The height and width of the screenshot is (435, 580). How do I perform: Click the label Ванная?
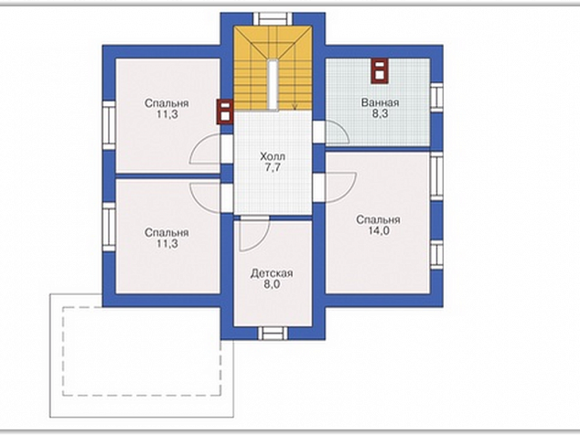[x=380, y=102]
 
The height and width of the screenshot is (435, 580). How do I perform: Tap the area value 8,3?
[x=380, y=114]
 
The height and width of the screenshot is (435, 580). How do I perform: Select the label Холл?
[x=273, y=156]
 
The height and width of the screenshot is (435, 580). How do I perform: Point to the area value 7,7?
[x=273, y=167]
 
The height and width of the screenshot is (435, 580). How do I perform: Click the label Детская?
[x=272, y=273]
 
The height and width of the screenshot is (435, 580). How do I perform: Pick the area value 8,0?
[x=272, y=284]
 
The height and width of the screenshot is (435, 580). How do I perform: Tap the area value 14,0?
[x=379, y=231]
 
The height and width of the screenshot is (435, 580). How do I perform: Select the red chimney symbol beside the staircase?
[x=225, y=111]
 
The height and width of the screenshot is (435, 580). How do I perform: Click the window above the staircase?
[x=273, y=18]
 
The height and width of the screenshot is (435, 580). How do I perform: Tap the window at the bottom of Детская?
[x=273, y=333]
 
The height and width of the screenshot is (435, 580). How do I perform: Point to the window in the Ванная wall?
[x=436, y=97]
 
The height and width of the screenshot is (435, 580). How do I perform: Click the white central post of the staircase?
[x=273, y=85]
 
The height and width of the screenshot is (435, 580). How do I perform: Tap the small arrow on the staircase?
[x=295, y=107]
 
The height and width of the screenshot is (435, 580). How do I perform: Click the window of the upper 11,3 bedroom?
[x=109, y=125]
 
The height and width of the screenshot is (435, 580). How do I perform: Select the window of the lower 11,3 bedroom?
[x=109, y=227]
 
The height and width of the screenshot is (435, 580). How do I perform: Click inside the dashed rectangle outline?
[x=142, y=351]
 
